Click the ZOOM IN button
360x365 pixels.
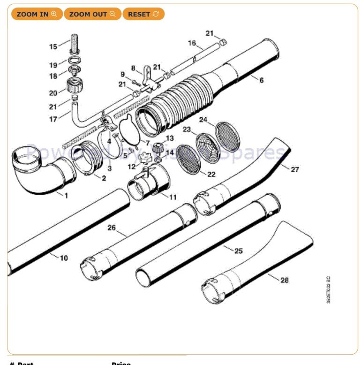click(36, 14)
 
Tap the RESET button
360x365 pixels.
click(143, 14)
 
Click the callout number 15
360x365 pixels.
click(53, 46)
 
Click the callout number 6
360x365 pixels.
click(261, 80)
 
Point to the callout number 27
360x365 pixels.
click(294, 169)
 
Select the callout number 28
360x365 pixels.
click(285, 280)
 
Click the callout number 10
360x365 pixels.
click(64, 258)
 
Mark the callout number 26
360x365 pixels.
click(111, 228)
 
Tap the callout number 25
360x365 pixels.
click(238, 251)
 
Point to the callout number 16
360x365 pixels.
click(192, 43)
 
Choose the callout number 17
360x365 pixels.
click(53, 119)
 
